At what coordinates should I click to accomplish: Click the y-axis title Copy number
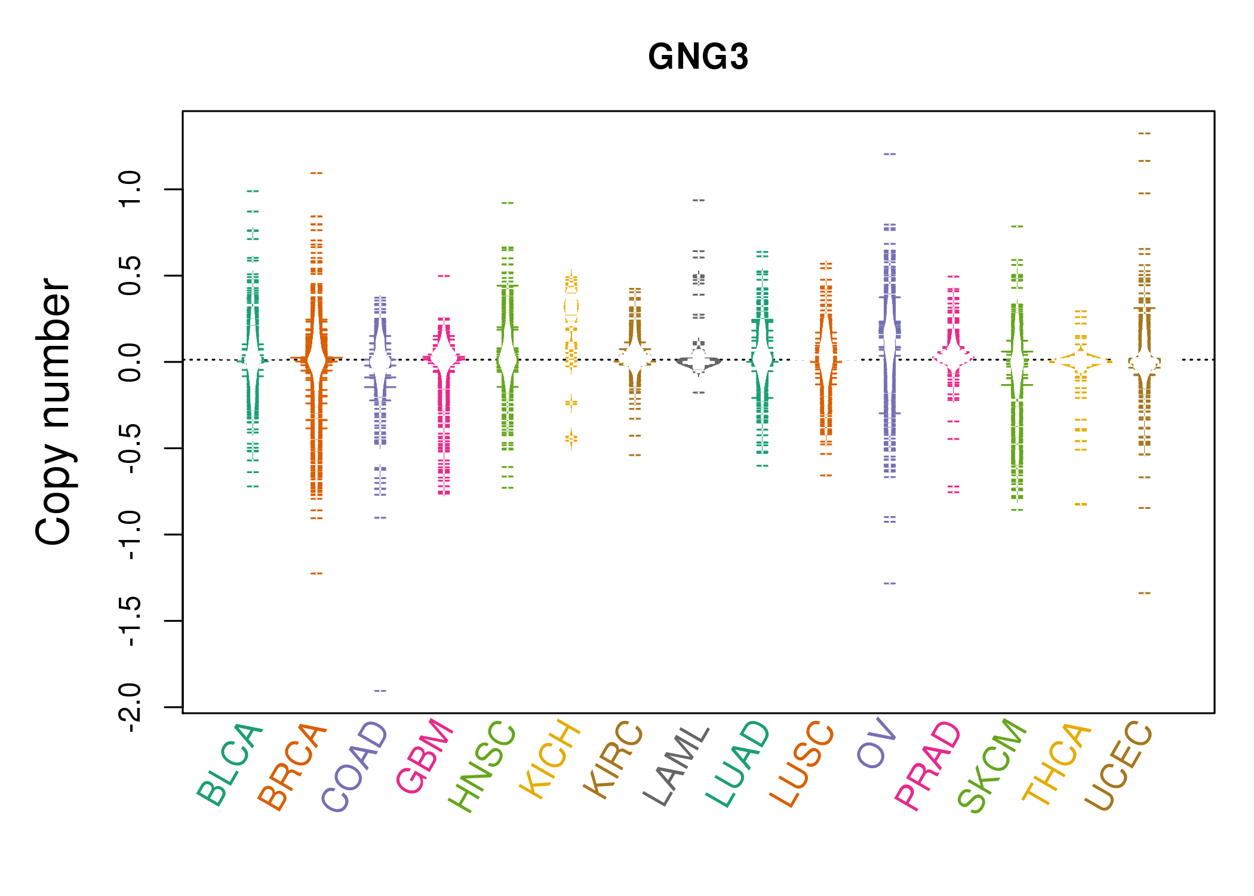coord(53,412)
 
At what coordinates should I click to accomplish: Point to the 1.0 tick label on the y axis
coord(130,189)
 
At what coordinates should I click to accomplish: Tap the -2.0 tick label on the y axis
coord(130,707)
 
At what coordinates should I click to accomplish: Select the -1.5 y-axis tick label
coord(130,621)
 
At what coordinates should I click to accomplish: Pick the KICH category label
coord(550,759)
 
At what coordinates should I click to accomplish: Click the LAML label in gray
coord(676,765)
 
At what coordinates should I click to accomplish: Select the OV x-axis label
coord(876,743)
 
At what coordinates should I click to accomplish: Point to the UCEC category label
coord(1118,765)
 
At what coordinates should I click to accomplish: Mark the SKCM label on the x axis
coord(991,765)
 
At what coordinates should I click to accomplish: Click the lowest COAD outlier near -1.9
coord(380,691)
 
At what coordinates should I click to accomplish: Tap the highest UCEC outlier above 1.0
coord(1144,133)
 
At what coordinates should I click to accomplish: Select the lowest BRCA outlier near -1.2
coord(316,573)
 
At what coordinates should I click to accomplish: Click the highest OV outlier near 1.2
coord(890,154)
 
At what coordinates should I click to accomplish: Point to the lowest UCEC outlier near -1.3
coord(1144,593)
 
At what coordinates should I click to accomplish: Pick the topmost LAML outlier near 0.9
coord(699,200)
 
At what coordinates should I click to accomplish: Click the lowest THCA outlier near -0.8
coord(1081,505)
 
